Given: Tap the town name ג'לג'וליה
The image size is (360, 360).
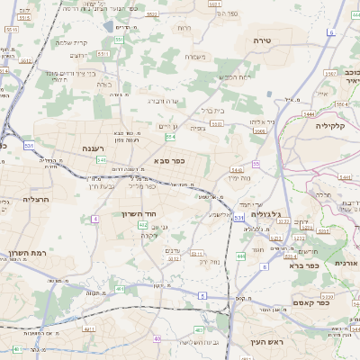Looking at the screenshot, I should [268, 214].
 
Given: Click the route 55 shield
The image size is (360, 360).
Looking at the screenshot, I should [256, 164].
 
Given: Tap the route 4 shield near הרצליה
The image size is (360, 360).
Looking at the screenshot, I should [94, 219].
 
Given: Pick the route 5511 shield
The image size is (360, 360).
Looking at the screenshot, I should [104, 54].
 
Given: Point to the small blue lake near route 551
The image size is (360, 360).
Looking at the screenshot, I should [108, 27].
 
